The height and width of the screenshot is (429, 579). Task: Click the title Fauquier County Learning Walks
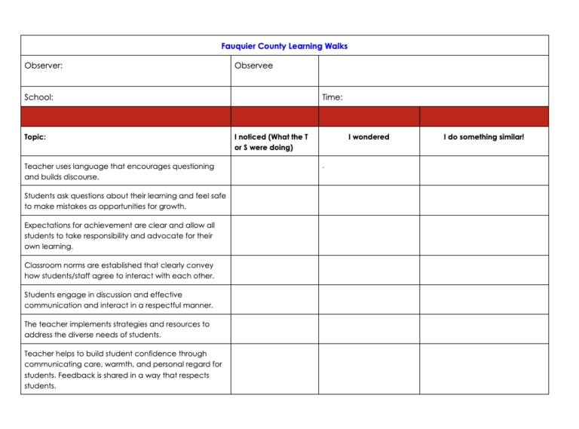pyautogui.click(x=284, y=46)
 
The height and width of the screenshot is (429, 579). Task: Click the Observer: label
pyautogui.click(x=43, y=66)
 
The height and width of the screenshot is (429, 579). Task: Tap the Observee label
pyautogui.click(x=253, y=66)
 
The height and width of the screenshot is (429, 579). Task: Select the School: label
pyautogui.click(x=38, y=97)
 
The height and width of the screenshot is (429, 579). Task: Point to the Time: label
pyautogui.click(x=332, y=97)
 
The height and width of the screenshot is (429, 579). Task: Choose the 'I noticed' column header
pyautogui.click(x=271, y=142)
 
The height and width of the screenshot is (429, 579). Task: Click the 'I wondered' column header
pyautogui.click(x=368, y=137)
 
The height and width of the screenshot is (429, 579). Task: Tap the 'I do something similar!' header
pyautogui.click(x=483, y=137)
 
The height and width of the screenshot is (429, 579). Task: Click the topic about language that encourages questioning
pyautogui.click(x=118, y=171)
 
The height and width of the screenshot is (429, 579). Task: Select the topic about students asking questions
pyautogui.click(x=124, y=201)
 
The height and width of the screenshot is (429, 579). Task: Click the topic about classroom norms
pyautogui.click(x=119, y=270)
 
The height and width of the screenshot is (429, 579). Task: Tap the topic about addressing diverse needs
pyautogui.click(x=117, y=329)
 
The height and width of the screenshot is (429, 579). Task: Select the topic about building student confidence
pyautogui.click(x=122, y=369)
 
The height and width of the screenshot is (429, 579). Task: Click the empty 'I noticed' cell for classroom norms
pyautogui.click(x=274, y=270)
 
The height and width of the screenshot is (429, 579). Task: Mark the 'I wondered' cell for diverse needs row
pyautogui.click(x=368, y=329)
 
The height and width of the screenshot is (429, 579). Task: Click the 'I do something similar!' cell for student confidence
pyautogui.click(x=483, y=369)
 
